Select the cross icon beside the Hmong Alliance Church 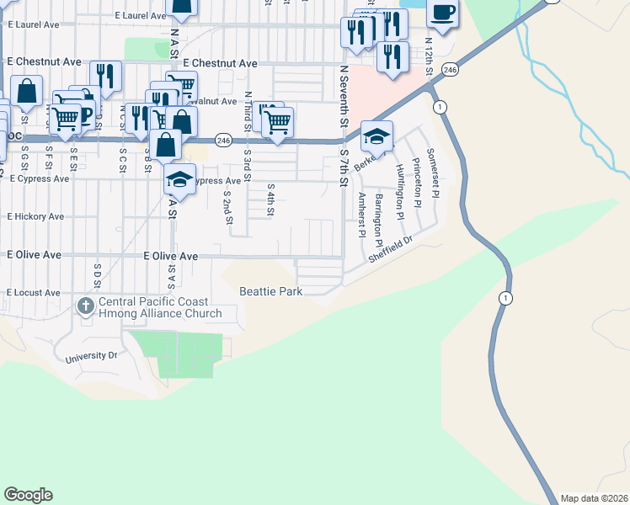[x=87, y=306]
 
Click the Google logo [x=28, y=495]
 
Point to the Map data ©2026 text [x=594, y=498]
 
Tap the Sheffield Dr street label [x=392, y=251]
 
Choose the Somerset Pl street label [x=432, y=172]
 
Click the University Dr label [x=92, y=358]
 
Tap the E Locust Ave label [x=34, y=293]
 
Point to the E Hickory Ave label [x=35, y=216]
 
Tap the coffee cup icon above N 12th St [x=443, y=13]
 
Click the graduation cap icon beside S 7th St [x=376, y=136]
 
